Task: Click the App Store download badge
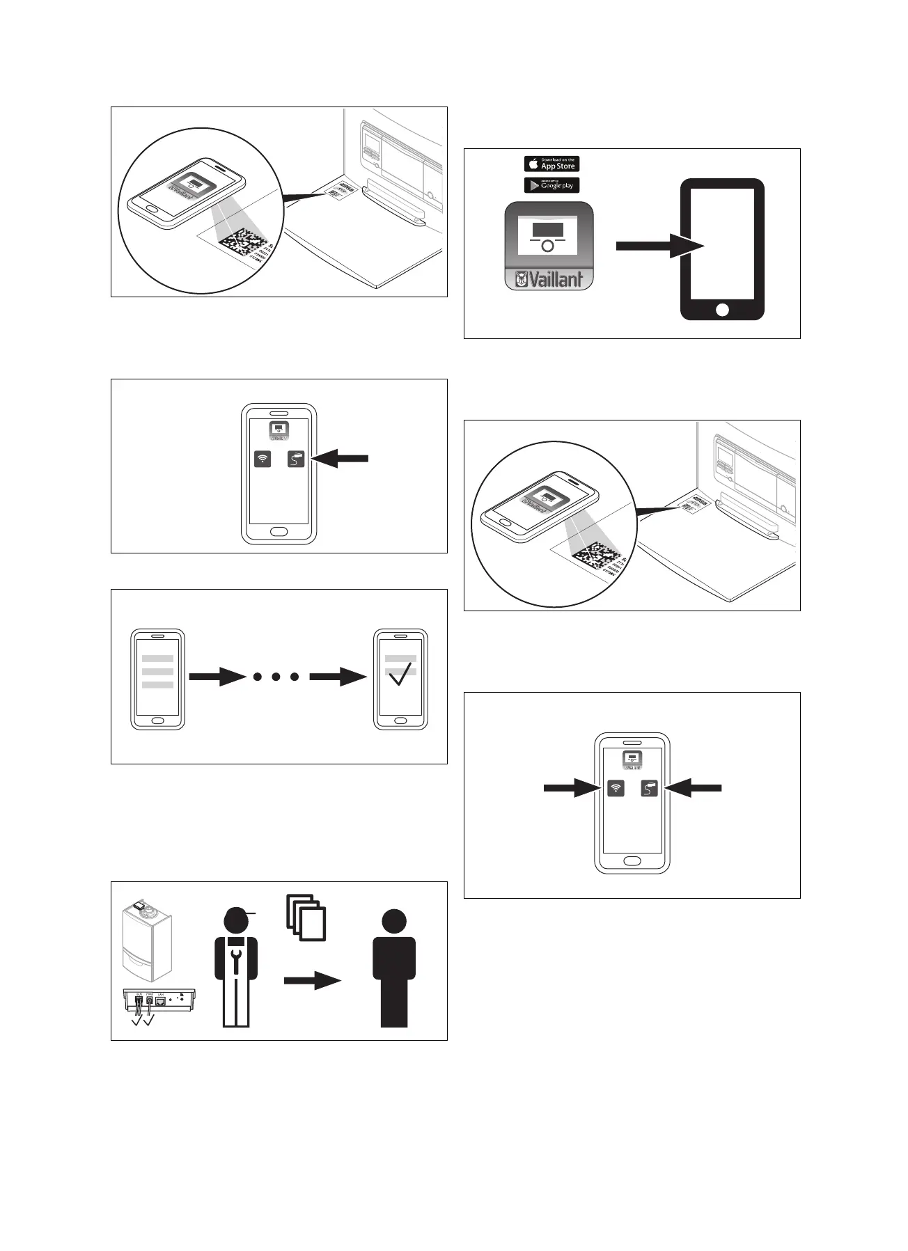[x=551, y=164]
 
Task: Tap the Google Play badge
[x=551, y=185]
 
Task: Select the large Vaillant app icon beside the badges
[x=549, y=246]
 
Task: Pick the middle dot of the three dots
[x=276, y=676]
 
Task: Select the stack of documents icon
[x=306, y=918]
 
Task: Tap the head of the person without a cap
[x=393, y=922]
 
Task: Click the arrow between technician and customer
[x=312, y=981]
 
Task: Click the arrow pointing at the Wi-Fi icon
[x=571, y=788]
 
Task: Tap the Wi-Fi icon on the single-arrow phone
[x=263, y=459]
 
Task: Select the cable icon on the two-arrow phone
[x=649, y=788]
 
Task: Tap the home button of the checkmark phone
[x=400, y=721]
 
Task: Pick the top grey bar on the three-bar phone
[x=157, y=659]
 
